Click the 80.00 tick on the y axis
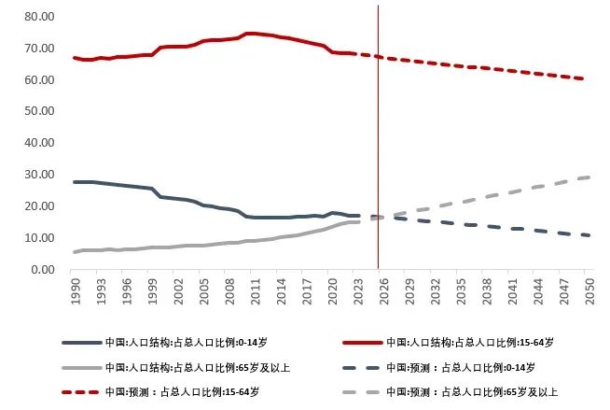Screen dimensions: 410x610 click(x=38, y=17)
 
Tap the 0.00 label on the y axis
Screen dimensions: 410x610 click(x=41, y=270)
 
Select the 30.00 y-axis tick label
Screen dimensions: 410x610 click(x=38, y=175)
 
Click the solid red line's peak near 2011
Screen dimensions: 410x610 click(x=250, y=34)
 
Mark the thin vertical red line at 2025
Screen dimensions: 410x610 click(x=378, y=140)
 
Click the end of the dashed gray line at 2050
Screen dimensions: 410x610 click(x=587, y=177)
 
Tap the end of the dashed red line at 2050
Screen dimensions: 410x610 click(x=587, y=79)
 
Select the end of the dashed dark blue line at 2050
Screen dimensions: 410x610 click(x=587, y=235)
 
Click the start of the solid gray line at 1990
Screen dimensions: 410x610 click(x=75, y=252)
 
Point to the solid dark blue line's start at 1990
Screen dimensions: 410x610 click(x=75, y=182)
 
